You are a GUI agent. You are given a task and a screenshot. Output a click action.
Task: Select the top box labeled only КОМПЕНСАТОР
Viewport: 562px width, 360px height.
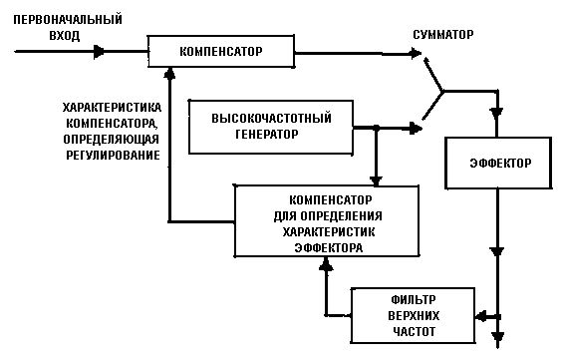tap(220, 51)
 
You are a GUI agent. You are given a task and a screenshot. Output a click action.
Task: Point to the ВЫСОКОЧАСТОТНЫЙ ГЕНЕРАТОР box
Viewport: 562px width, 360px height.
tap(272, 127)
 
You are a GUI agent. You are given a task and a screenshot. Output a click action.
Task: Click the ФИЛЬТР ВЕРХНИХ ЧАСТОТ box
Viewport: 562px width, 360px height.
tap(414, 314)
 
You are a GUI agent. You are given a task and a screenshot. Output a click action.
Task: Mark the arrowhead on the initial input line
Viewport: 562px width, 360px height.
tap(99, 51)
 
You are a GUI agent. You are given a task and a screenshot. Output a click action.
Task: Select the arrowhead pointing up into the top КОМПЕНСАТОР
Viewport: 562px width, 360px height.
tap(171, 72)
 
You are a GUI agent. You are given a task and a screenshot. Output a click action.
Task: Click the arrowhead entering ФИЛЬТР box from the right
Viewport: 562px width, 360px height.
tap(481, 315)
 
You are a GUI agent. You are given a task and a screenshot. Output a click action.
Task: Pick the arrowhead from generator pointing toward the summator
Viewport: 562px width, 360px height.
tap(413, 127)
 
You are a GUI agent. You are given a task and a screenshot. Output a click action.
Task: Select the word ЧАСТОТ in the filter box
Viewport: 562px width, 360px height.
tap(414, 329)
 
